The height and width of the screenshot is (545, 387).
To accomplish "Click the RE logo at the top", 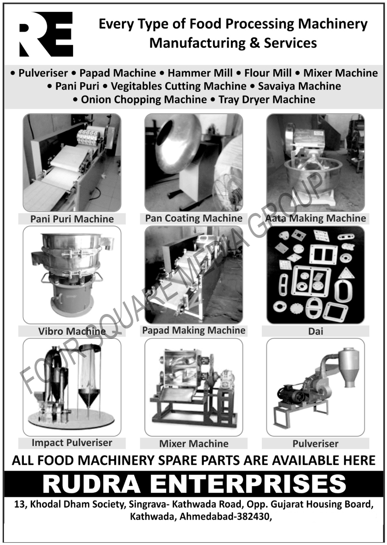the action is click(x=46, y=34).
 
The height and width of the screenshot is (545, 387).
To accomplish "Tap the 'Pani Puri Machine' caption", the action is click(x=72, y=219).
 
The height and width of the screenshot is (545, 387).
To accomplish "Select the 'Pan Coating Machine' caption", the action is click(x=194, y=218).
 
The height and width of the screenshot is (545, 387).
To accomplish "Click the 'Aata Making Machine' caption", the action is click(x=315, y=218).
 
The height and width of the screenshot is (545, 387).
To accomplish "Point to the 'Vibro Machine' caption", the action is click(x=72, y=331).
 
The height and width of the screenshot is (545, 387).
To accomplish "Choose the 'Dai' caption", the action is click(x=316, y=331).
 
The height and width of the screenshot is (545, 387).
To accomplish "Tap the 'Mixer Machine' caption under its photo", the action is click(x=194, y=444).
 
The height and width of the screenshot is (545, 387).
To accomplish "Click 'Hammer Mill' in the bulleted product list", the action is click(x=200, y=73).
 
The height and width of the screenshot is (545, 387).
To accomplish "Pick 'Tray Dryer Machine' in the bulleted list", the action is click(x=267, y=99).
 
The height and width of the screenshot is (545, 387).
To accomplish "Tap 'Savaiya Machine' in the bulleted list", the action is click(x=300, y=86).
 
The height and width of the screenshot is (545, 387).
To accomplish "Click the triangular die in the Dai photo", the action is click(x=345, y=273).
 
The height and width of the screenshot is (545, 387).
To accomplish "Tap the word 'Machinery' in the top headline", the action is click(x=333, y=24).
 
